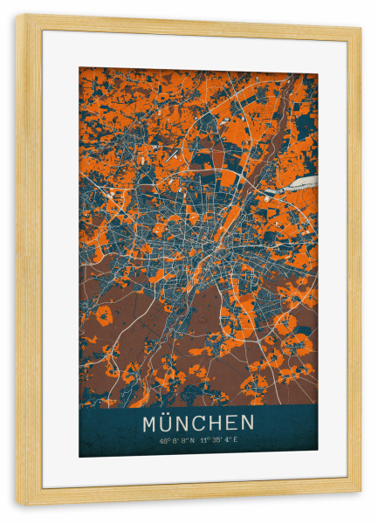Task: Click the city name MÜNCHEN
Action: [x=199, y=424]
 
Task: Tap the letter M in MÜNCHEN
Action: [x=149, y=424]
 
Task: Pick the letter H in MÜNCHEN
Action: [x=227, y=424]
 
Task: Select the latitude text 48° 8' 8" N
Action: [x=176, y=439]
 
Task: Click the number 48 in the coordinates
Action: [x=162, y=439]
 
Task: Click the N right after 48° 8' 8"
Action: [x=192, y=439]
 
